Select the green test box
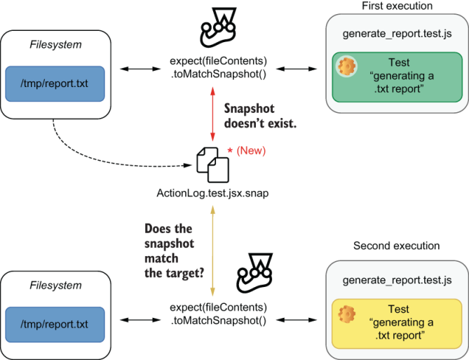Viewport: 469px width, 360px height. click(397, 78)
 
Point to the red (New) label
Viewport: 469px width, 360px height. click(251, 150)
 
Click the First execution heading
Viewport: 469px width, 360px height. click(397, 6)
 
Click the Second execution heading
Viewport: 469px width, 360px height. click(397, 246)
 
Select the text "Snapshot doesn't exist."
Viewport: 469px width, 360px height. click(260, 115)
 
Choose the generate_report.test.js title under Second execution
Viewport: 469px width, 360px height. click(397, 280)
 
